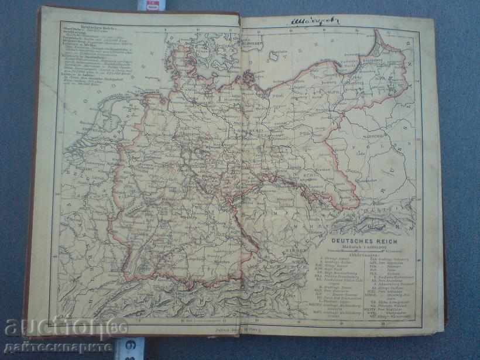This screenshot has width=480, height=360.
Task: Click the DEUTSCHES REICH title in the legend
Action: tap(365, 239)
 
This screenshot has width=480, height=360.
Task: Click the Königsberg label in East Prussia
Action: tap(375, 60)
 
